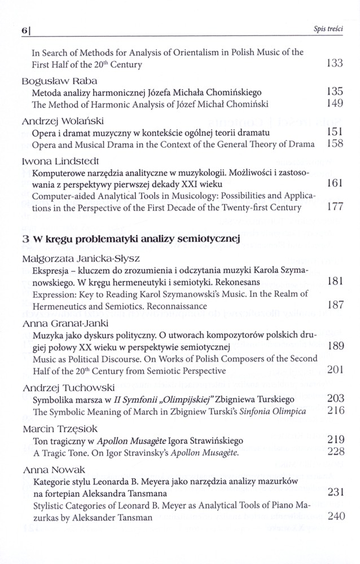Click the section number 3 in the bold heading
tap(25, 239)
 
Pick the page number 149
tap(335, 104)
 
